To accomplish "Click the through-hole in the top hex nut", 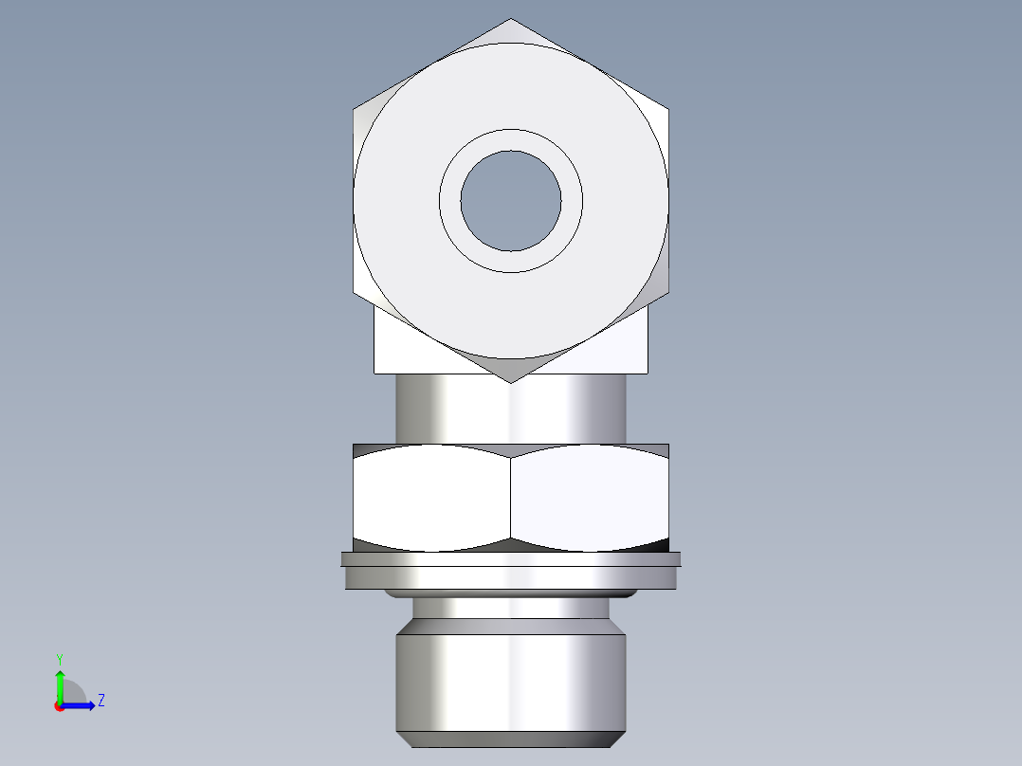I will pyautogui.click(x=510, y=200).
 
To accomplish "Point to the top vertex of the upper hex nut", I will pyautogui.click(x=510, y=19).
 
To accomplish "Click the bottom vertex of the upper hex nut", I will pyautogui.click(x=510, y=382).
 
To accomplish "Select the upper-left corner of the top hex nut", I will pyautogui.click(x=354, y=109).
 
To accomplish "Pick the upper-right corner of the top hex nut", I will pyautogui.click(x=667, y=109).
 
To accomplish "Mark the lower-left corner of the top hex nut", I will pyautogui.click(x=354, y=292).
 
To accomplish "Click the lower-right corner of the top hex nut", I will pyautogui.click(x=667, y=292).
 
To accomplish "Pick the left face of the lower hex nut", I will pyautogui.click(x=431, y=498).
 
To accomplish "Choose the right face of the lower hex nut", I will pyautogui.click(x=589, y=498).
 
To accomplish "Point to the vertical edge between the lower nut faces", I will pyautogui.click(x=510, y=498).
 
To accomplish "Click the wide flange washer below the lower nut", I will pyautogui.click(x=510, y=574).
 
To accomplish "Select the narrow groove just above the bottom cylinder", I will pyautogui.click(x=510, y=608).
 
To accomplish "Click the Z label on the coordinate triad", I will pyautogui.click(x=100, y=701).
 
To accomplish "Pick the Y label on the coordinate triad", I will pyautogui.click(x=59, y=658).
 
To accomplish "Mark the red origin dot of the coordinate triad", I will pyautogui.click(x=60, y=706).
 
